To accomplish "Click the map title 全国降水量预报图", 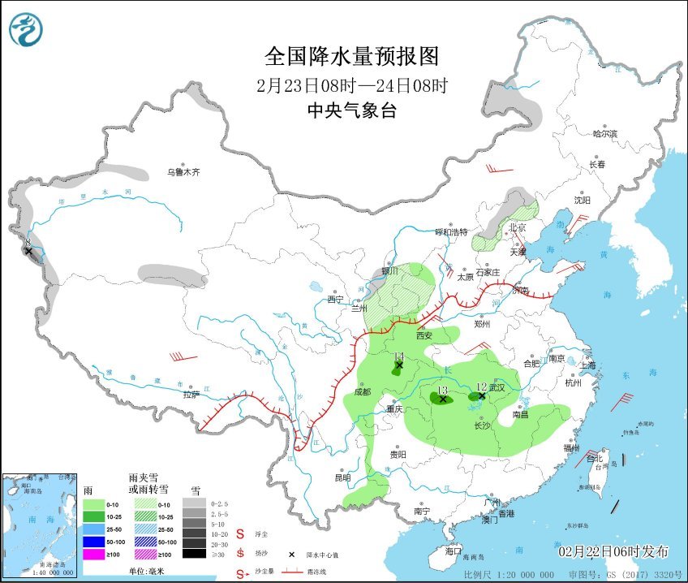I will click(x=351, y=56).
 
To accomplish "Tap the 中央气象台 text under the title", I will click(x=351, y=111).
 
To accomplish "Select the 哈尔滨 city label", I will click(x=604, y=133).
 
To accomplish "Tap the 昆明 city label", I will click(x=342, y=477).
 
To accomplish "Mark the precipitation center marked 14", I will click(x=398, y=365).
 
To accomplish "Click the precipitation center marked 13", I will click(x=442, y=399).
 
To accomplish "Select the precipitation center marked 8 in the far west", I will click(x=28, y=251).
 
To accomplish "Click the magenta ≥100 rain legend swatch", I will click(x=94, y=554).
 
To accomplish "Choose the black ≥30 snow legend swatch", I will click(x=193, y=554).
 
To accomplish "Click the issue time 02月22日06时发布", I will click(x=613, y=551).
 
